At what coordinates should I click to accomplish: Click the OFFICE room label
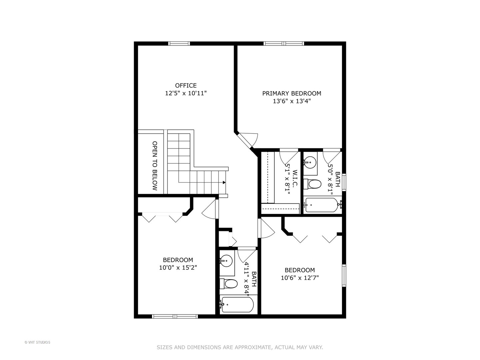[x=186, y=86]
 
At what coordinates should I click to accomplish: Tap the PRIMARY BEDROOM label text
[x=292, y=93]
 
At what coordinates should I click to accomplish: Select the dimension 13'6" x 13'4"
[x=292, y=101]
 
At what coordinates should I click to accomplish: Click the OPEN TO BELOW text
[x=155, y=166]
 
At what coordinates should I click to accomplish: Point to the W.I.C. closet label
[x=295, y=179]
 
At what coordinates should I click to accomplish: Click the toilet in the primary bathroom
[x=313, y=184]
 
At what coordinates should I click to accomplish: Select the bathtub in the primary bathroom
[x=322, y=205]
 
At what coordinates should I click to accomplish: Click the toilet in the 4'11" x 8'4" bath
[x=229, y=284]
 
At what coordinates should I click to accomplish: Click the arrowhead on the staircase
[x=224, y=182]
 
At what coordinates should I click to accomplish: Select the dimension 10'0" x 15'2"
[x=178, y=267]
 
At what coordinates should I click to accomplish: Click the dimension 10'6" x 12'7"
[x=300, y=278]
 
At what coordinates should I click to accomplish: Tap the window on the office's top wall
[x=179, y=43]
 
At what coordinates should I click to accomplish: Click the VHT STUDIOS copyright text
[x=37, y=342]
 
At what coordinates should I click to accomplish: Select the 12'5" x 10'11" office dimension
[x=186, y=93]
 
